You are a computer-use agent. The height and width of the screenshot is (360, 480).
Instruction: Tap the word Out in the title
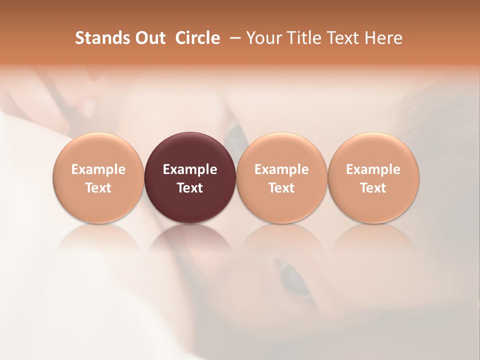[149, 38]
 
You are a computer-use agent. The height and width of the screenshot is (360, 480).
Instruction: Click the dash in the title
[233, 38]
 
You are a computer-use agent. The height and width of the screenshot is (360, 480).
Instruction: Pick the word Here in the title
[384, 38]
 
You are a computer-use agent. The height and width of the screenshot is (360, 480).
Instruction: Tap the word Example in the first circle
[98, 169]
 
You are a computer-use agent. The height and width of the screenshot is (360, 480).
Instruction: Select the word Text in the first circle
[98, 188]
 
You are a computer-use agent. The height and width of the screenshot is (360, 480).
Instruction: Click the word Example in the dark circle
[190, 169]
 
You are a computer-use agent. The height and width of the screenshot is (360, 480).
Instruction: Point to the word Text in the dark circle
[190, 188]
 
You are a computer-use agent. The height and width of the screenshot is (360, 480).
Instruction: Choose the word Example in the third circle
[281, 169]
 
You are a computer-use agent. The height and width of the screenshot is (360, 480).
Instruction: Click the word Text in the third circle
[281, 188]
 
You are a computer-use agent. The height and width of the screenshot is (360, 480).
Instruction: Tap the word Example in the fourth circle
[373, 169]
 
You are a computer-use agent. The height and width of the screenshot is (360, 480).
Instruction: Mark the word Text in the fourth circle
[373, 188]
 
